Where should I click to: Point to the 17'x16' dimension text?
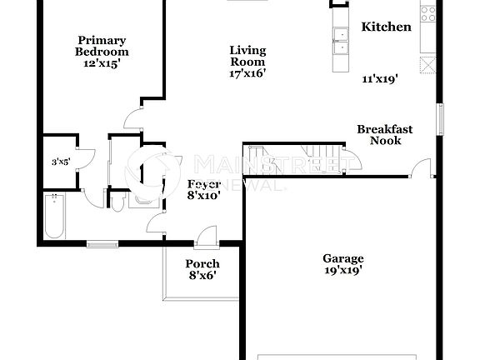click(247, 73)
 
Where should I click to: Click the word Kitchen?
click(386, 27)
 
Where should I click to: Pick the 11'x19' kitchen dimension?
click(379, 80)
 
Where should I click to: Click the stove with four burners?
click(428, 12)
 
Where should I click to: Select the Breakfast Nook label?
click(385, 134)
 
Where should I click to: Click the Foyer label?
click(204, 183)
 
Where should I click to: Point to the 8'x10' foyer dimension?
click(204, 196)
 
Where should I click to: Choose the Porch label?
click(202, 264)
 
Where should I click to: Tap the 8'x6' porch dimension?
click(202, 276)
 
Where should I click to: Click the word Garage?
click(342, 257)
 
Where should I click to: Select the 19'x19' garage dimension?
click(342, 269)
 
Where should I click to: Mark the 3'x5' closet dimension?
click(60, 162)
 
